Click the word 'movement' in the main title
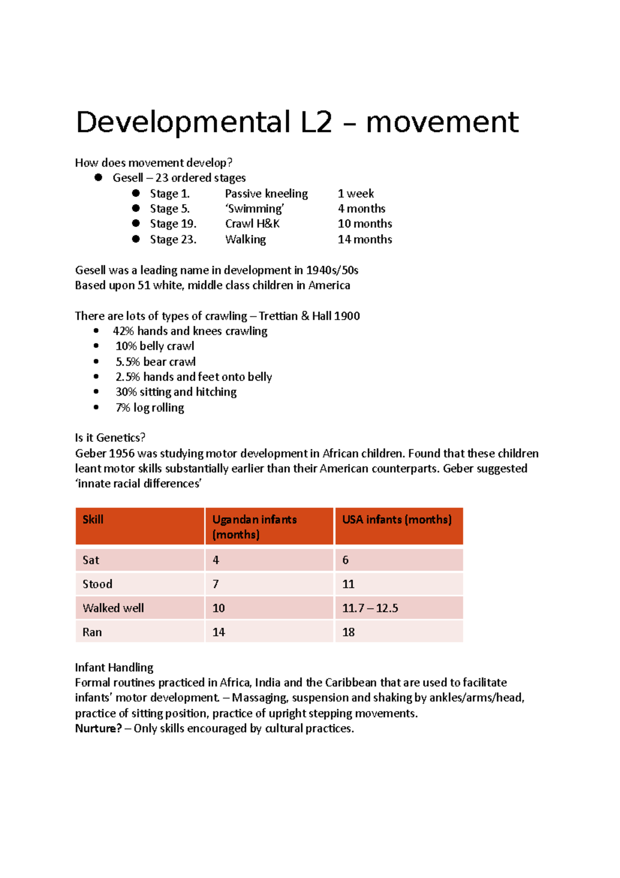[x=442, y=123]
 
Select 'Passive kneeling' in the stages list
[x=266, y=193]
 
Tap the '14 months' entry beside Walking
[x=365, y=239]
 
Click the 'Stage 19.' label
[x=173, y=224]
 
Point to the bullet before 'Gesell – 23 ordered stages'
[x=98, y=177]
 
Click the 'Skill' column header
[x=93, y=520]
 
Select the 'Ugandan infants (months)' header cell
[x=254, y=526]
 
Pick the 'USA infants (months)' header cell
[x=397, y=520]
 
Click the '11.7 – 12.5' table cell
[x=370, y=608]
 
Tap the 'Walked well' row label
[x=113, y=608]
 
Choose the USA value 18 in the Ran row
[x=348, y=632]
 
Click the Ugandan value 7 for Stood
[x=215, y=584]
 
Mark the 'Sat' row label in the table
[x=90, y=560]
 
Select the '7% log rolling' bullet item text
[x=150, y=407]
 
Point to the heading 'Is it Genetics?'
[x=110, y=437]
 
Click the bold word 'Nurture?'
[x=98, y=729]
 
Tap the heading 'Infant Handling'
[x=114, y=668]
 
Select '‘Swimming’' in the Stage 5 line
[x=255, y=209]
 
